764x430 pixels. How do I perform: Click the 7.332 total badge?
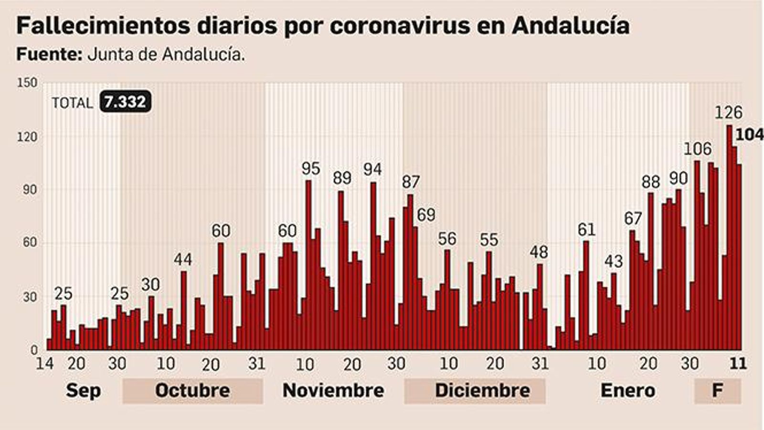(x=125, y=101)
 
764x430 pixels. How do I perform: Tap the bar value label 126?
(x=728, y=112)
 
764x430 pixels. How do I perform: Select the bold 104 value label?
(x=749, y=135)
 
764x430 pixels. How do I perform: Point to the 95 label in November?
(x=310, y=169)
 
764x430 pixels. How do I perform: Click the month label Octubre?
(x=192, y=390)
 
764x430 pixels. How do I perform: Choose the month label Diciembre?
(x=482, y=390)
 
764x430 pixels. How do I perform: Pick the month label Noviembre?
(x=333, y=390)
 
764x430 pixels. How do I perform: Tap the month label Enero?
(x=627, y=390)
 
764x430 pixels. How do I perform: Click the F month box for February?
(x=717, y=390)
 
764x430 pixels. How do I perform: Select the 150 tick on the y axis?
(x=27, y=83)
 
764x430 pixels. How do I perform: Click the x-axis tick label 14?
(x=44, y=364)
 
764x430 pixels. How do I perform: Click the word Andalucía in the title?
(x=570, y=26)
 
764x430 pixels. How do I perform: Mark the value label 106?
(x=697, y=149)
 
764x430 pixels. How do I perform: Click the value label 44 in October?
(x=182, y=259)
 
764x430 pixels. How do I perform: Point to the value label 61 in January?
(x=586, y=230)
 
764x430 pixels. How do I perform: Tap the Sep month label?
(x=83, y=390)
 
